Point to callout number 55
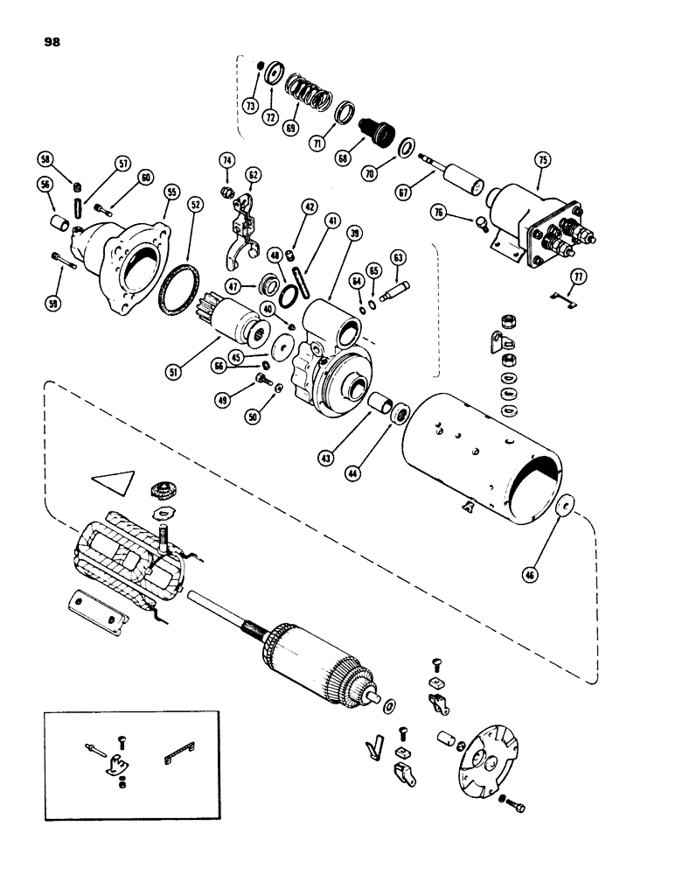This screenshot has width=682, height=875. click(x=170, y=189)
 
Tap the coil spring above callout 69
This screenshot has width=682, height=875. click(x=299, y=91)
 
